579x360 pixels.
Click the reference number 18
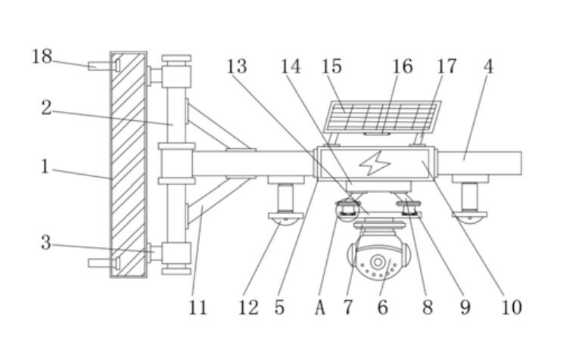42,56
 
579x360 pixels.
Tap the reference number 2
46,108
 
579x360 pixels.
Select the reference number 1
45,166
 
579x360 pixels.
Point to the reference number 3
46,243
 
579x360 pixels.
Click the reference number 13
237,67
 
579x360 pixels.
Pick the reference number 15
332,67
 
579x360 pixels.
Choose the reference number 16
403,67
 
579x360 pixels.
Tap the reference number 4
488,67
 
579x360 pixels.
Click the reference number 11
198,307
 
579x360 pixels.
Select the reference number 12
248,307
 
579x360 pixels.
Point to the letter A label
320,307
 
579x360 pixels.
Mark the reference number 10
512,307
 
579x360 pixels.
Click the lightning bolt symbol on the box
373,163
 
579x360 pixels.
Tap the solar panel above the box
382,118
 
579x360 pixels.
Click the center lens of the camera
377,262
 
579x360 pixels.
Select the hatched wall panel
129,164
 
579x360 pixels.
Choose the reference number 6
383,307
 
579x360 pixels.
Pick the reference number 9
465,307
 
